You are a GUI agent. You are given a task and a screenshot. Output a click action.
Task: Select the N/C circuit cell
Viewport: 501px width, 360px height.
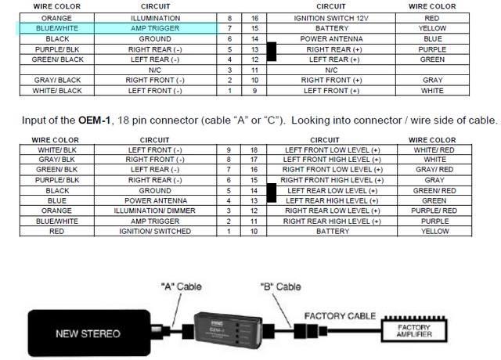[x=155, y=69]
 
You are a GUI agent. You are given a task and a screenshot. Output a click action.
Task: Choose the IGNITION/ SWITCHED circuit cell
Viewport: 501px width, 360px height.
[x=155, y=232]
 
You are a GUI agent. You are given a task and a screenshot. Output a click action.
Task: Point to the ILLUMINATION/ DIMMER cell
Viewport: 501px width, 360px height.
[x=155, y=211]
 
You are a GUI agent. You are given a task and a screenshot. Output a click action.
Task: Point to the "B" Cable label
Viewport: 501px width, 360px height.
[x=279, y=287]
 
